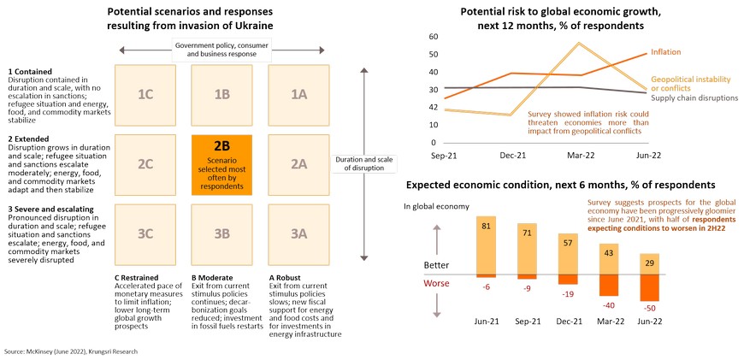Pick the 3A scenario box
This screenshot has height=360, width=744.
tap(298, 233)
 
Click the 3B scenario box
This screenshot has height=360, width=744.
tap(221, 233)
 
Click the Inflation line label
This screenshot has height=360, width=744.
tap(666, 52)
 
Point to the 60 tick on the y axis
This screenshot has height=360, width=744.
tap(434, 37)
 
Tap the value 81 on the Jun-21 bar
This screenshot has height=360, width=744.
tap(486, 225)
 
